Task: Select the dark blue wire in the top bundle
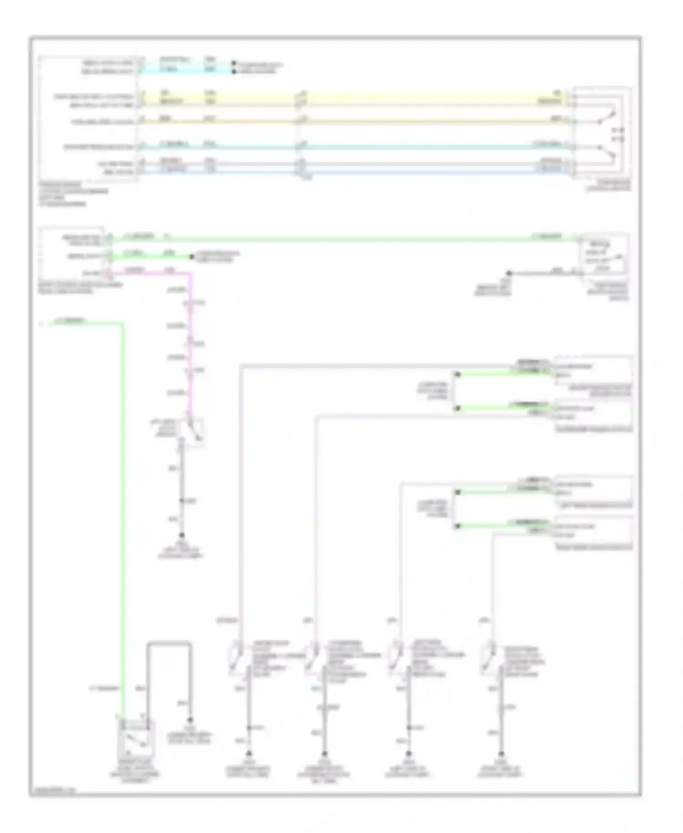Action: tap(410, 172)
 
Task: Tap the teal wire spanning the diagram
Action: tap(410, 147)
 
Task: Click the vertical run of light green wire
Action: tap(122, 501)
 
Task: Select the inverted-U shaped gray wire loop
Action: tap(168, 643)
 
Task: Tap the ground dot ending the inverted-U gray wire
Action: tap(190, 720)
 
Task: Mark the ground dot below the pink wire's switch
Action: tap(181, 535)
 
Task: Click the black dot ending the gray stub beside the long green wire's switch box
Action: tap(509, 273)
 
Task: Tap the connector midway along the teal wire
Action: tap(300, 146)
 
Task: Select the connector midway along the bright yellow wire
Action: tap(300, 96)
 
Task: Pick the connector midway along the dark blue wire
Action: tap(300, 172)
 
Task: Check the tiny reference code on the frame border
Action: tap(53, 792)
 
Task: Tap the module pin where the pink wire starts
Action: tap(108, 273)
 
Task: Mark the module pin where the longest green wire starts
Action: tap(108, 238)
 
